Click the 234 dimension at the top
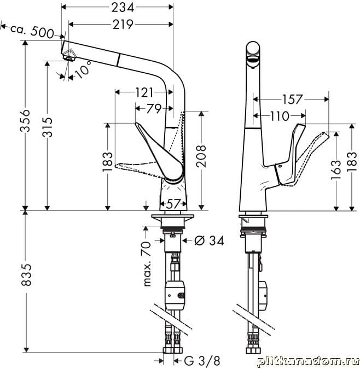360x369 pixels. click(123, 8)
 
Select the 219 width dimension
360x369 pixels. click(123, 24)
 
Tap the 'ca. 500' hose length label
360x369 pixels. click(32, 31)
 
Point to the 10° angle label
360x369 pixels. click(83, 69)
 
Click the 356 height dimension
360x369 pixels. click(25, 120)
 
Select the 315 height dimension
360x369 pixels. click(47, 127)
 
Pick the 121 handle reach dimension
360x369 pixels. click(144, 92)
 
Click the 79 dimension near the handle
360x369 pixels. click(154, 108)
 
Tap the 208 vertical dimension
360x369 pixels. click(201, 156)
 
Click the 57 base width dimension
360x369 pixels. click(173, 204)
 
